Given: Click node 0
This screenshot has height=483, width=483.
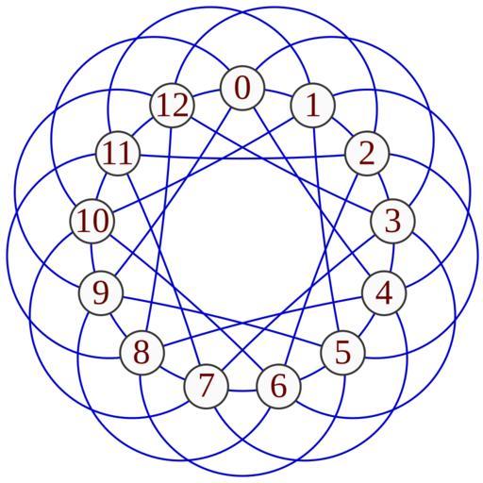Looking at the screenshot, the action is (242, 88).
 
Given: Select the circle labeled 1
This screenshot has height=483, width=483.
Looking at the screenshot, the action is (313, 106).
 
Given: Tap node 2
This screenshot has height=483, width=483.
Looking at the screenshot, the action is (367, 154).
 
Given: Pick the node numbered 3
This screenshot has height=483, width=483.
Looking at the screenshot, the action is (392, 221).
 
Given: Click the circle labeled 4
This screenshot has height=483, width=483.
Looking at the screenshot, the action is (384, 293).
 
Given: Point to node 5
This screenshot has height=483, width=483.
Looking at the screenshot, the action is (342, 353).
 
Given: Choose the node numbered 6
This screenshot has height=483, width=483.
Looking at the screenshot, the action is (279, 386).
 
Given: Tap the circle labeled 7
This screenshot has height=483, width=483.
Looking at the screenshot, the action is (206, 386).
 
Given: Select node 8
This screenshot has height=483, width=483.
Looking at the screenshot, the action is (142, 353).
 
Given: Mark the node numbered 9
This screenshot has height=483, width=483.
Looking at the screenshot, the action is (101, 293).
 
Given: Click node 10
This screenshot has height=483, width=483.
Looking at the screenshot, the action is (92, 221).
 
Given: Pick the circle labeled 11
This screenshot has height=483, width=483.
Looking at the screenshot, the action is (118, 154).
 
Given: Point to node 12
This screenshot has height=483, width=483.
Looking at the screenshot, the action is (172, 106).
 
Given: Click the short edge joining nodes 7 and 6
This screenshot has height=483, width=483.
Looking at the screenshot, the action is (242, 391).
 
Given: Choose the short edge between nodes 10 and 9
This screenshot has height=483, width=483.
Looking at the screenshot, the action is (92, 258).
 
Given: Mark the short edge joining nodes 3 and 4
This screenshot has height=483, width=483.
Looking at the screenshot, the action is (391, 258).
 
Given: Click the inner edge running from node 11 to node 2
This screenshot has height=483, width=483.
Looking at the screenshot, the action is (242, 158).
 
